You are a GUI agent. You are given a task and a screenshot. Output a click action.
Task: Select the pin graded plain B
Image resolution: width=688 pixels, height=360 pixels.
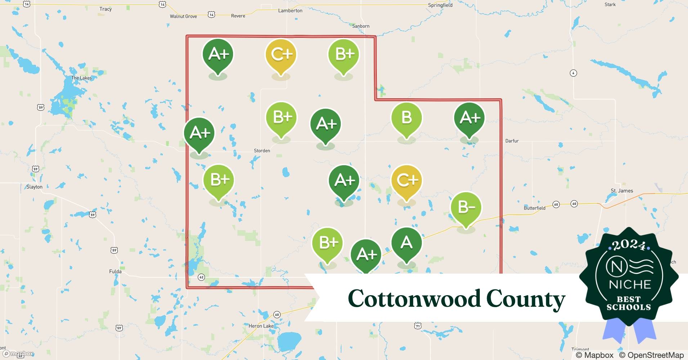[x=406, y=118]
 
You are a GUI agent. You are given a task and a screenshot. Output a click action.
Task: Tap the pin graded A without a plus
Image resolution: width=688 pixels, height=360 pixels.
[x=406, y=243]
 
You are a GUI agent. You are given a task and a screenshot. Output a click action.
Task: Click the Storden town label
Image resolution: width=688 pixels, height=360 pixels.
[x=262, y=151]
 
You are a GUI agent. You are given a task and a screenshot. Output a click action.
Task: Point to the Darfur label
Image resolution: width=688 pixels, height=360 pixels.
[x=511, y=141]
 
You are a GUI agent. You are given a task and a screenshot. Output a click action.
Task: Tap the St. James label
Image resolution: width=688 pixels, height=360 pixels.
[x=622, y=191]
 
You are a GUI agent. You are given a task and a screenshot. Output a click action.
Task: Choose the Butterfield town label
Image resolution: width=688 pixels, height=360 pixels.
[x=534, y=208]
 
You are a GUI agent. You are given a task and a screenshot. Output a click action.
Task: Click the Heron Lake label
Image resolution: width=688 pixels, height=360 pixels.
[x=261, y=326]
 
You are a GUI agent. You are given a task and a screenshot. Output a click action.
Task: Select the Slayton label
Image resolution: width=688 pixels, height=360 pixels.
[x=34, y=187]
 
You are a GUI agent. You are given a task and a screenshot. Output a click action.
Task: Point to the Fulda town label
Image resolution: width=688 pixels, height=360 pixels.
[x=115, y=271]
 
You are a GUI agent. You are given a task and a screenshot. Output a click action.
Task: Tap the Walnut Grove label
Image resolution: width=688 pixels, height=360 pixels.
[x=183, y=17]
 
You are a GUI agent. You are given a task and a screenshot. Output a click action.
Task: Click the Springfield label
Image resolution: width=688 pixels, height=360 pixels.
[x=440, y=5]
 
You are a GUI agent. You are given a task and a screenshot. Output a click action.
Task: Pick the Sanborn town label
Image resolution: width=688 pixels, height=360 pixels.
[x=361, y=26]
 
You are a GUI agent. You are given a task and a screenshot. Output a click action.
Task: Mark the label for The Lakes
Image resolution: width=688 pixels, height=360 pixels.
[x=81, y=78]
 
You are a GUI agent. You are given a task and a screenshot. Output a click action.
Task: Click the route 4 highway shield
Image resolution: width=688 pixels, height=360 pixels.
[x=573, y=73]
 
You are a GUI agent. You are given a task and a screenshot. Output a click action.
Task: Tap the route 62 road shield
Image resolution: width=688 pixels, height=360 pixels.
[x=201, y=277]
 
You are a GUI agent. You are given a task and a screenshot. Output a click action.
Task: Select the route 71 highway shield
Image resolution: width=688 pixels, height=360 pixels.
[x=417, y=326]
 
